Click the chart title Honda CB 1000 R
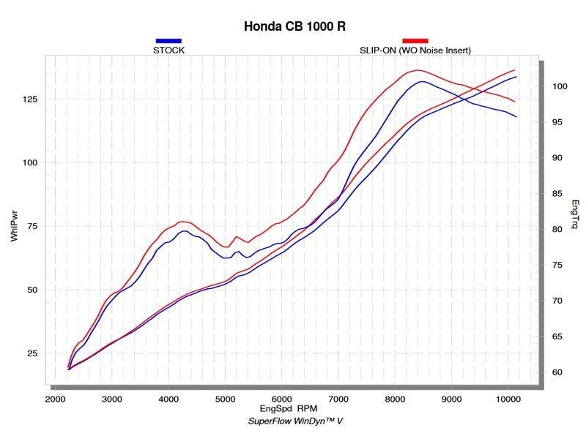(x=294, y=26)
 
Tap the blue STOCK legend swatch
(x=168, y=41)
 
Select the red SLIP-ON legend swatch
(x=415, y=41)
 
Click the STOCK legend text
(x=168, y=50)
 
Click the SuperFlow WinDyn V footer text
(x=294, y=422)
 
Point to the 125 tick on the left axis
(x=31, y=100)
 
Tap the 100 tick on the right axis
(x=560, y=86)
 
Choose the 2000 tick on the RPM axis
(x=55, y=399)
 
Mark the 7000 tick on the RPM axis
(x=338, y=399)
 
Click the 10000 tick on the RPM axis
(x=508, y=399)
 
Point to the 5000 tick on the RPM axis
(x=225, y=399)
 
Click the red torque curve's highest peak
(x=417, y=70)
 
